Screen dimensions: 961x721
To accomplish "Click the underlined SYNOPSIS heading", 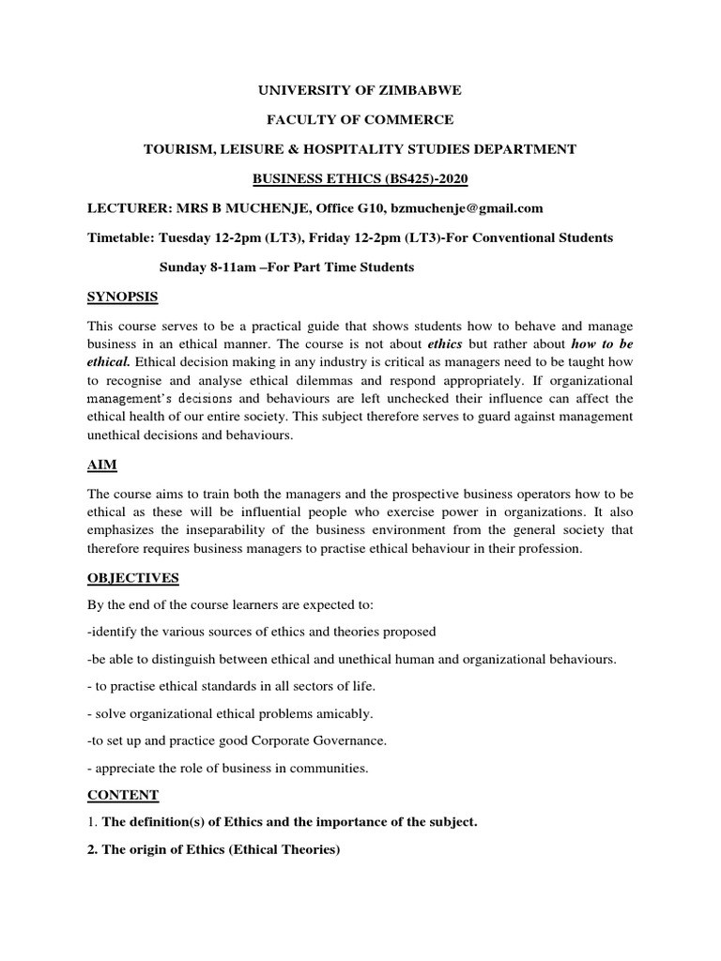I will (x=123, y=297).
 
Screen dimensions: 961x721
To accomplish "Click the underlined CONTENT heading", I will (x=123, y=795).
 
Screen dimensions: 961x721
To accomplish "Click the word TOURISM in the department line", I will (x=177, y=149).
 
